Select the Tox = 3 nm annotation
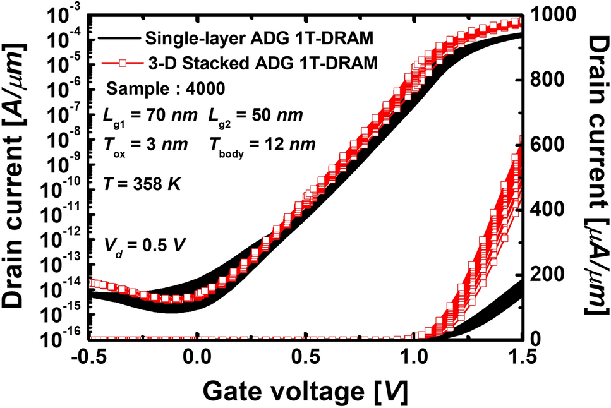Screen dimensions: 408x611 click(x=145, y=145)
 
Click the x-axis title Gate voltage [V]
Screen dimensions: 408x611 click(x=305, y=392)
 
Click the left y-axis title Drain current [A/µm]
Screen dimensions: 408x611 click(x=15, y=174)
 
